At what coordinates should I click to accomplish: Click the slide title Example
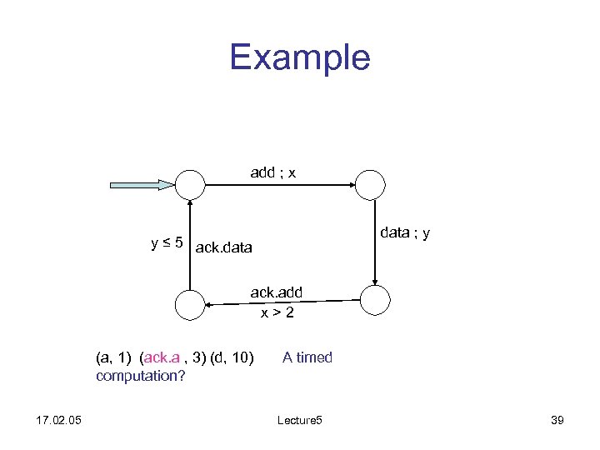pyautogui.click(x=299, y=57)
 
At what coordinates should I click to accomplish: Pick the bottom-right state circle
pyautogui.click(x=375, y=298)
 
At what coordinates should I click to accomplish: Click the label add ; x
pyautogui.click(x=273, y=172)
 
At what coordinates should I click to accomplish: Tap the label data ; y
pyautogui.click(x=405, y=233)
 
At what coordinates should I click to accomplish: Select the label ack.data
pyautogui.click(x=223, y=247)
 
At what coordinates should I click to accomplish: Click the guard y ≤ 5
pyautogui.click(x=167, y=243)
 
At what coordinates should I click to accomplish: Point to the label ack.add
pyautogui.click(x=277, y=292)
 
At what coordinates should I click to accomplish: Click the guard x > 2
pyautogui.click(x=277, y=312)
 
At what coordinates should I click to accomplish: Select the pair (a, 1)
pyautogui.click(x=114, y=357)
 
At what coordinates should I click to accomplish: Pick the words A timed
pyautogui.click(x=307, y=357)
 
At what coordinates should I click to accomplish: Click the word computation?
pyautogui.click(x=140, y=375)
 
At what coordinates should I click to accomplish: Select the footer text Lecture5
pyautogui.click(x=299, y=421)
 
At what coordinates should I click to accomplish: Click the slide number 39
pyautogui.click(x=557, y=421)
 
